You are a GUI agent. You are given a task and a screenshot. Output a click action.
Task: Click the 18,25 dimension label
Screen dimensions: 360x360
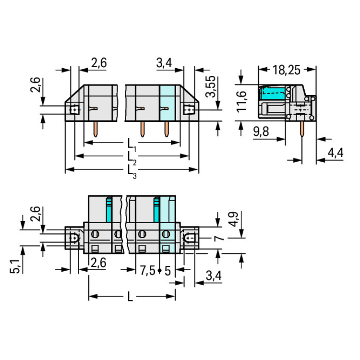click(286, 70)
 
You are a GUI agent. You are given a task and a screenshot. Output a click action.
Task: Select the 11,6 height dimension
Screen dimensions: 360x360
click(241, 101)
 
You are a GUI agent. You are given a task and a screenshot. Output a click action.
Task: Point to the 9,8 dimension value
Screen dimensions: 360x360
click(261, 132)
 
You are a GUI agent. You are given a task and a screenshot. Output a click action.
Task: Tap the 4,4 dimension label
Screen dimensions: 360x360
click(336, 153)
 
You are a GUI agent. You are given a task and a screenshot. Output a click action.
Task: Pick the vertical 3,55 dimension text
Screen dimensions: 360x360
click(211, 86)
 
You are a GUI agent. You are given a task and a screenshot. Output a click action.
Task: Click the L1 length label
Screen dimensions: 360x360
click(132, 144)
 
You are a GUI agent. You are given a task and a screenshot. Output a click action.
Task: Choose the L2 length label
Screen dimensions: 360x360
click(132, 158)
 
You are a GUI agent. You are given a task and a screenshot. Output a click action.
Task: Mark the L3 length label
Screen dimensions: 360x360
click(132, 172)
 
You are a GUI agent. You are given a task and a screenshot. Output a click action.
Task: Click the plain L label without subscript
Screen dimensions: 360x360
click(130, 297)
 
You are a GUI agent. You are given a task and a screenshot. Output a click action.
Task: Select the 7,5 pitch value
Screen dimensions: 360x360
click(148, 270)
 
